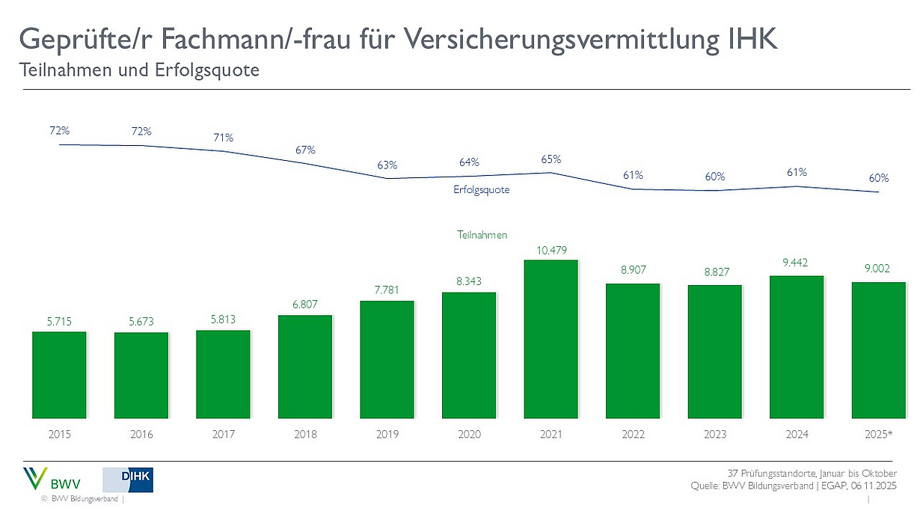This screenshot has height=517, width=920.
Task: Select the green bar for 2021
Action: (x=551, y=339)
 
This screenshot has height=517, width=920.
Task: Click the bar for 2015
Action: (x=59, y=374)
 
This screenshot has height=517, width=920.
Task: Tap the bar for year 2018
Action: (x=305, y=366)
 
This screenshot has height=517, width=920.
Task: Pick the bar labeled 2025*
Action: (x=879, y=349)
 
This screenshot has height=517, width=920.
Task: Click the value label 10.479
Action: (x=551, y=249)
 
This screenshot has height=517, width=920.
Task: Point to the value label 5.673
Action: (x=141, y=322)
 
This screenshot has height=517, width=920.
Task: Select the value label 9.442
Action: (x=797, y=263)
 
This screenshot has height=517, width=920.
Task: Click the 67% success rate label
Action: (x=305, y=150)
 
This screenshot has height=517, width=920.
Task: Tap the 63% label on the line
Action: (x=387, y=165)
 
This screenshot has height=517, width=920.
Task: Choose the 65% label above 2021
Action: (x=551, y=159)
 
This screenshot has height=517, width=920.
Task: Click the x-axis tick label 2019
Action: (x=387, y=435)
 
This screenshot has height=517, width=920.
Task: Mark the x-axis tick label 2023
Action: (x=715, y=435)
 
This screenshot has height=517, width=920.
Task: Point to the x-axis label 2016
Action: (x=141, y=435)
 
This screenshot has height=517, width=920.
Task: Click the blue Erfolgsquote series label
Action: (x=481, y=190)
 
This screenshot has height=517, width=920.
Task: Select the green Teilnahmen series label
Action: (x=482, y=235)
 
